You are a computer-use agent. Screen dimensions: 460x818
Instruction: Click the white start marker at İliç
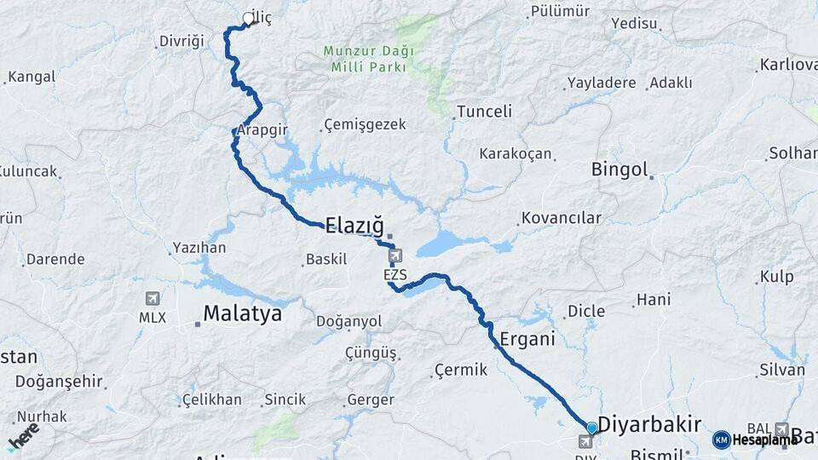coord(248,18)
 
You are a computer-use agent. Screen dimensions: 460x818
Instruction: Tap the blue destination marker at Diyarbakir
coord(591,427)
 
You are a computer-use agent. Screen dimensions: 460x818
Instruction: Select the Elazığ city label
coord(354,225)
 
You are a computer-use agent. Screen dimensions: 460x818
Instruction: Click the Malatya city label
coord(242,313)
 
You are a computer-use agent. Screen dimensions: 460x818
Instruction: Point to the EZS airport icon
coord(395,256)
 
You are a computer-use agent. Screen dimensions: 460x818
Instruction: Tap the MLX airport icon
coord(153,299)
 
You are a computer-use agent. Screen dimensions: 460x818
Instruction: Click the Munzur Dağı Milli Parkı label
coord(368,58)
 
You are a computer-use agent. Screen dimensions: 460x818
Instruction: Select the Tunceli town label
coord(484,112)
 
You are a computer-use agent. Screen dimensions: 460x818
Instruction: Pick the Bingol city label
coord(620,170)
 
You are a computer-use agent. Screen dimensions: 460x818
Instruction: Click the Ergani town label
coord(527,339)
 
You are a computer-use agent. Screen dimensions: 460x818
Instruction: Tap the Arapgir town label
coord(262,130)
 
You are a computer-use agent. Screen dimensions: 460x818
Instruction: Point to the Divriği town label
coord(182,41)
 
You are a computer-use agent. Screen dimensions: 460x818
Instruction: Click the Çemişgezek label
coord(366,125)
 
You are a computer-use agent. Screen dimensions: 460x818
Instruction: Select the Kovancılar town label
coord(562,218)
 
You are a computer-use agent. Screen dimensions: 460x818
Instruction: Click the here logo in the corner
coord(23,434)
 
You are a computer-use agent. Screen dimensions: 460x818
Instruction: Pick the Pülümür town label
coord(559,11)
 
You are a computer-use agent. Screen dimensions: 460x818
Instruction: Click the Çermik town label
coord(461,370)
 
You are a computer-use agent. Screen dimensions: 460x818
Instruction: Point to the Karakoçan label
coord(516,154)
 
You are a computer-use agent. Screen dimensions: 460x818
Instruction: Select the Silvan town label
coord(781,370)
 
